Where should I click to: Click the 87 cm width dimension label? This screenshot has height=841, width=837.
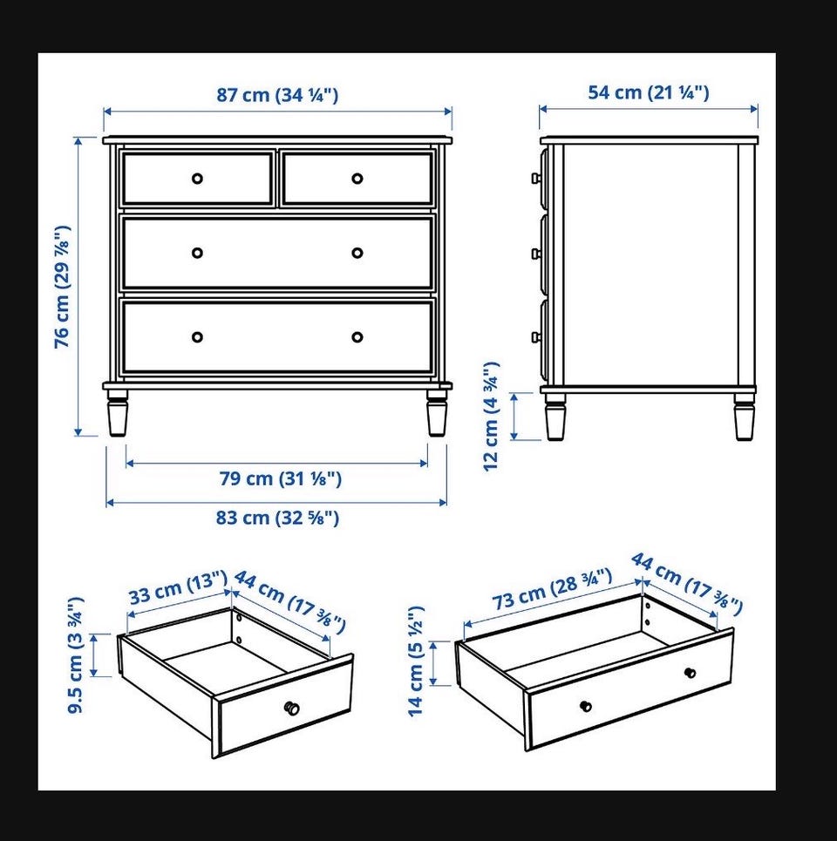tap(277, 95)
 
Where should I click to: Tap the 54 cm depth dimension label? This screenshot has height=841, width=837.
tap(648, 92)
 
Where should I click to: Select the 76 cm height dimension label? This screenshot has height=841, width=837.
tap(62, 287)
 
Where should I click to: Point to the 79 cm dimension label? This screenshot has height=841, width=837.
tap(280, 478)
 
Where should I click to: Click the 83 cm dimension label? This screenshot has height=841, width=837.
tap(277, 518)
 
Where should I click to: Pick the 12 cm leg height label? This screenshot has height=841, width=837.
tap(491, 417)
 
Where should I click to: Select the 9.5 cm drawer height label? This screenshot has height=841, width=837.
tap(76, 654)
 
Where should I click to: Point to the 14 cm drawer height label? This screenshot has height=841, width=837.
tap(416, 661)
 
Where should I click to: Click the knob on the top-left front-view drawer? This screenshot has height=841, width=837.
tap(197, 179)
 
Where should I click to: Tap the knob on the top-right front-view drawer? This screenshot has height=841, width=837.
tap(357, 179)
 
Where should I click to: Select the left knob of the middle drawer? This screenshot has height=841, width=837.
tap(197, 253)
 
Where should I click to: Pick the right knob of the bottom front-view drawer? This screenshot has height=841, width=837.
tap(357, 336)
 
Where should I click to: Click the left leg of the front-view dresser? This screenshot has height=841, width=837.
tap(118, 413)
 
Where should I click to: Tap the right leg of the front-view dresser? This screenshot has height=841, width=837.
tap(437, 413)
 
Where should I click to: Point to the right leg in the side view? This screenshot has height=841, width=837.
tap(745, 417)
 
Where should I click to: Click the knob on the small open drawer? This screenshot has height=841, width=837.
tap(291, 708)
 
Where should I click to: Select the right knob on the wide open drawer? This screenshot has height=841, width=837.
tap(691, 673)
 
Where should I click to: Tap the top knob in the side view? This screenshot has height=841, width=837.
tap(535, 178)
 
